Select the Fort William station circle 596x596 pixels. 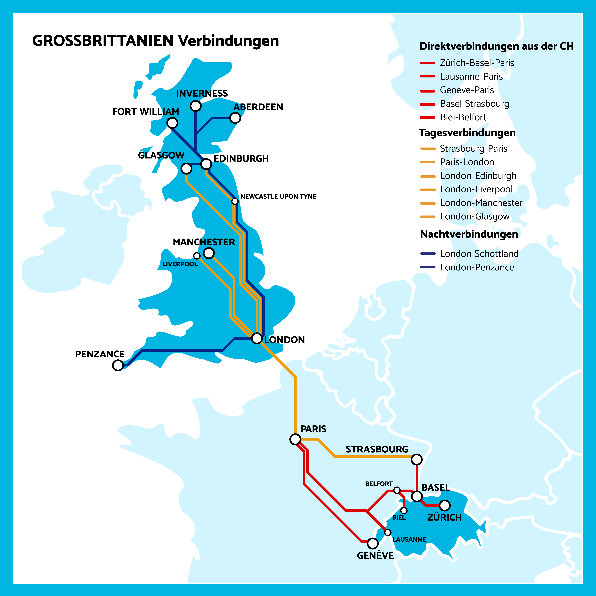(172, 123)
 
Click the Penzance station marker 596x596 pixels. (118, 365)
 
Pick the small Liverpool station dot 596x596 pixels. (197, 256)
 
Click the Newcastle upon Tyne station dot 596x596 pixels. (235, 201)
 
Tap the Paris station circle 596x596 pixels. (295, 439)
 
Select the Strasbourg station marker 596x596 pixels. (416, 459)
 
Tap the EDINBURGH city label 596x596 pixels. (241, 159)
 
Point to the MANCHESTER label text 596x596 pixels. (204, 242)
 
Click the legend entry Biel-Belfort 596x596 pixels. (463, 117)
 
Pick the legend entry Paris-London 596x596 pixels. (467, 162)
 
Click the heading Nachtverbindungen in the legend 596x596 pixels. (469, 234)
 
